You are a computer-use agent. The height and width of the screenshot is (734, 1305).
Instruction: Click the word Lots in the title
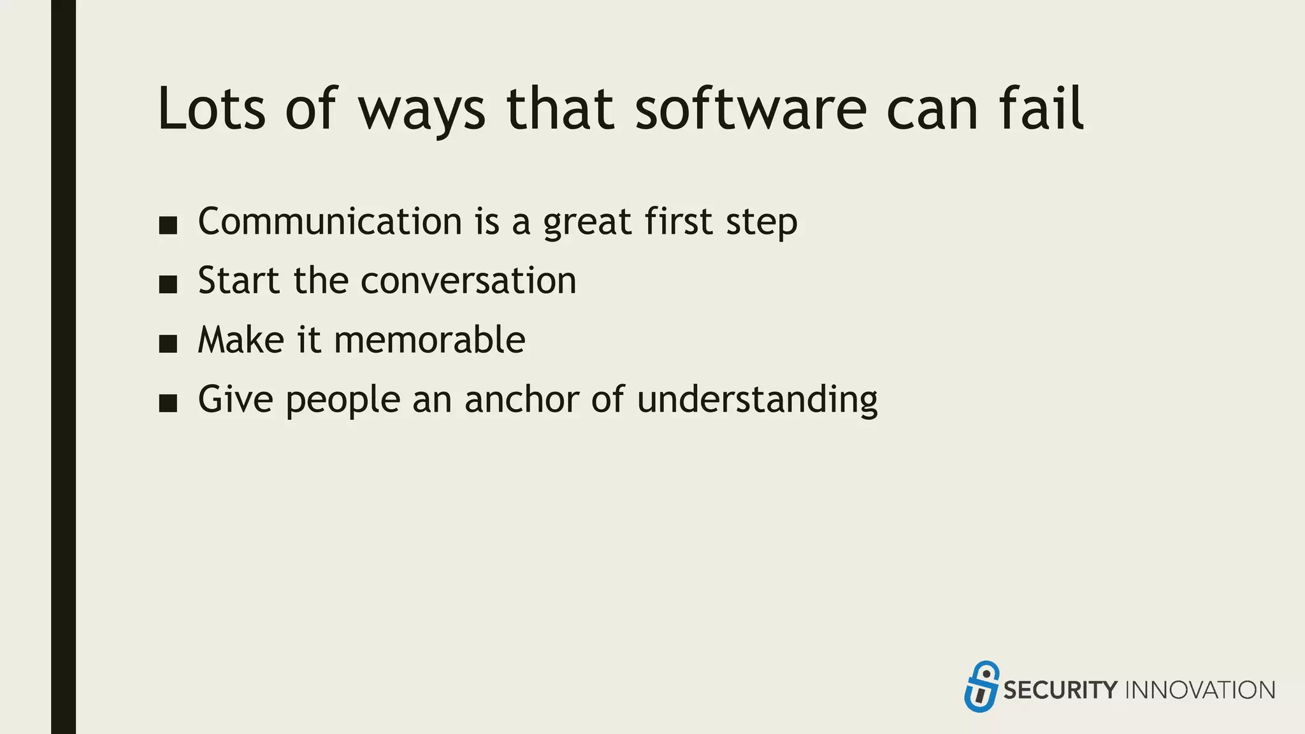(211, 110)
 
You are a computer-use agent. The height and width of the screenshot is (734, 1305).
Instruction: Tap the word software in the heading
(751, 110)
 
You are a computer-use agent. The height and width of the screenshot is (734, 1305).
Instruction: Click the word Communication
(330, 222)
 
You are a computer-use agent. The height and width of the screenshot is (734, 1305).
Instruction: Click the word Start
(238, 281)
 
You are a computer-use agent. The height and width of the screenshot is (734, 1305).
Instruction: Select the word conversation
(468, 281)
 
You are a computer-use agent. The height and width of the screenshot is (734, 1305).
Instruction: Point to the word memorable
(429, 340)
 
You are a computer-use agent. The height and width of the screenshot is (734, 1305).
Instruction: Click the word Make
(241, 340)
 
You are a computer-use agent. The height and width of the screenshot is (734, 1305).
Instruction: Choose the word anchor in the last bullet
(522, 399)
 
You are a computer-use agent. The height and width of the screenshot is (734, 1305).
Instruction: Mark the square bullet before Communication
(168, 226)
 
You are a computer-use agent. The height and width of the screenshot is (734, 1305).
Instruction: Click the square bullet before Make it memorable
(168, 344)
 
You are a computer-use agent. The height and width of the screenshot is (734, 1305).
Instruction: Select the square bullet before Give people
(168, 403)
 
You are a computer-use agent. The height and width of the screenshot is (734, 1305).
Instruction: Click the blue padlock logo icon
(981, 687)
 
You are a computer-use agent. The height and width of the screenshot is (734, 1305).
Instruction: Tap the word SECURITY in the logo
(1060, 690)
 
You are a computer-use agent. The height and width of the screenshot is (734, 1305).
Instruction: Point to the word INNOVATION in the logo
(1200, 690)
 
